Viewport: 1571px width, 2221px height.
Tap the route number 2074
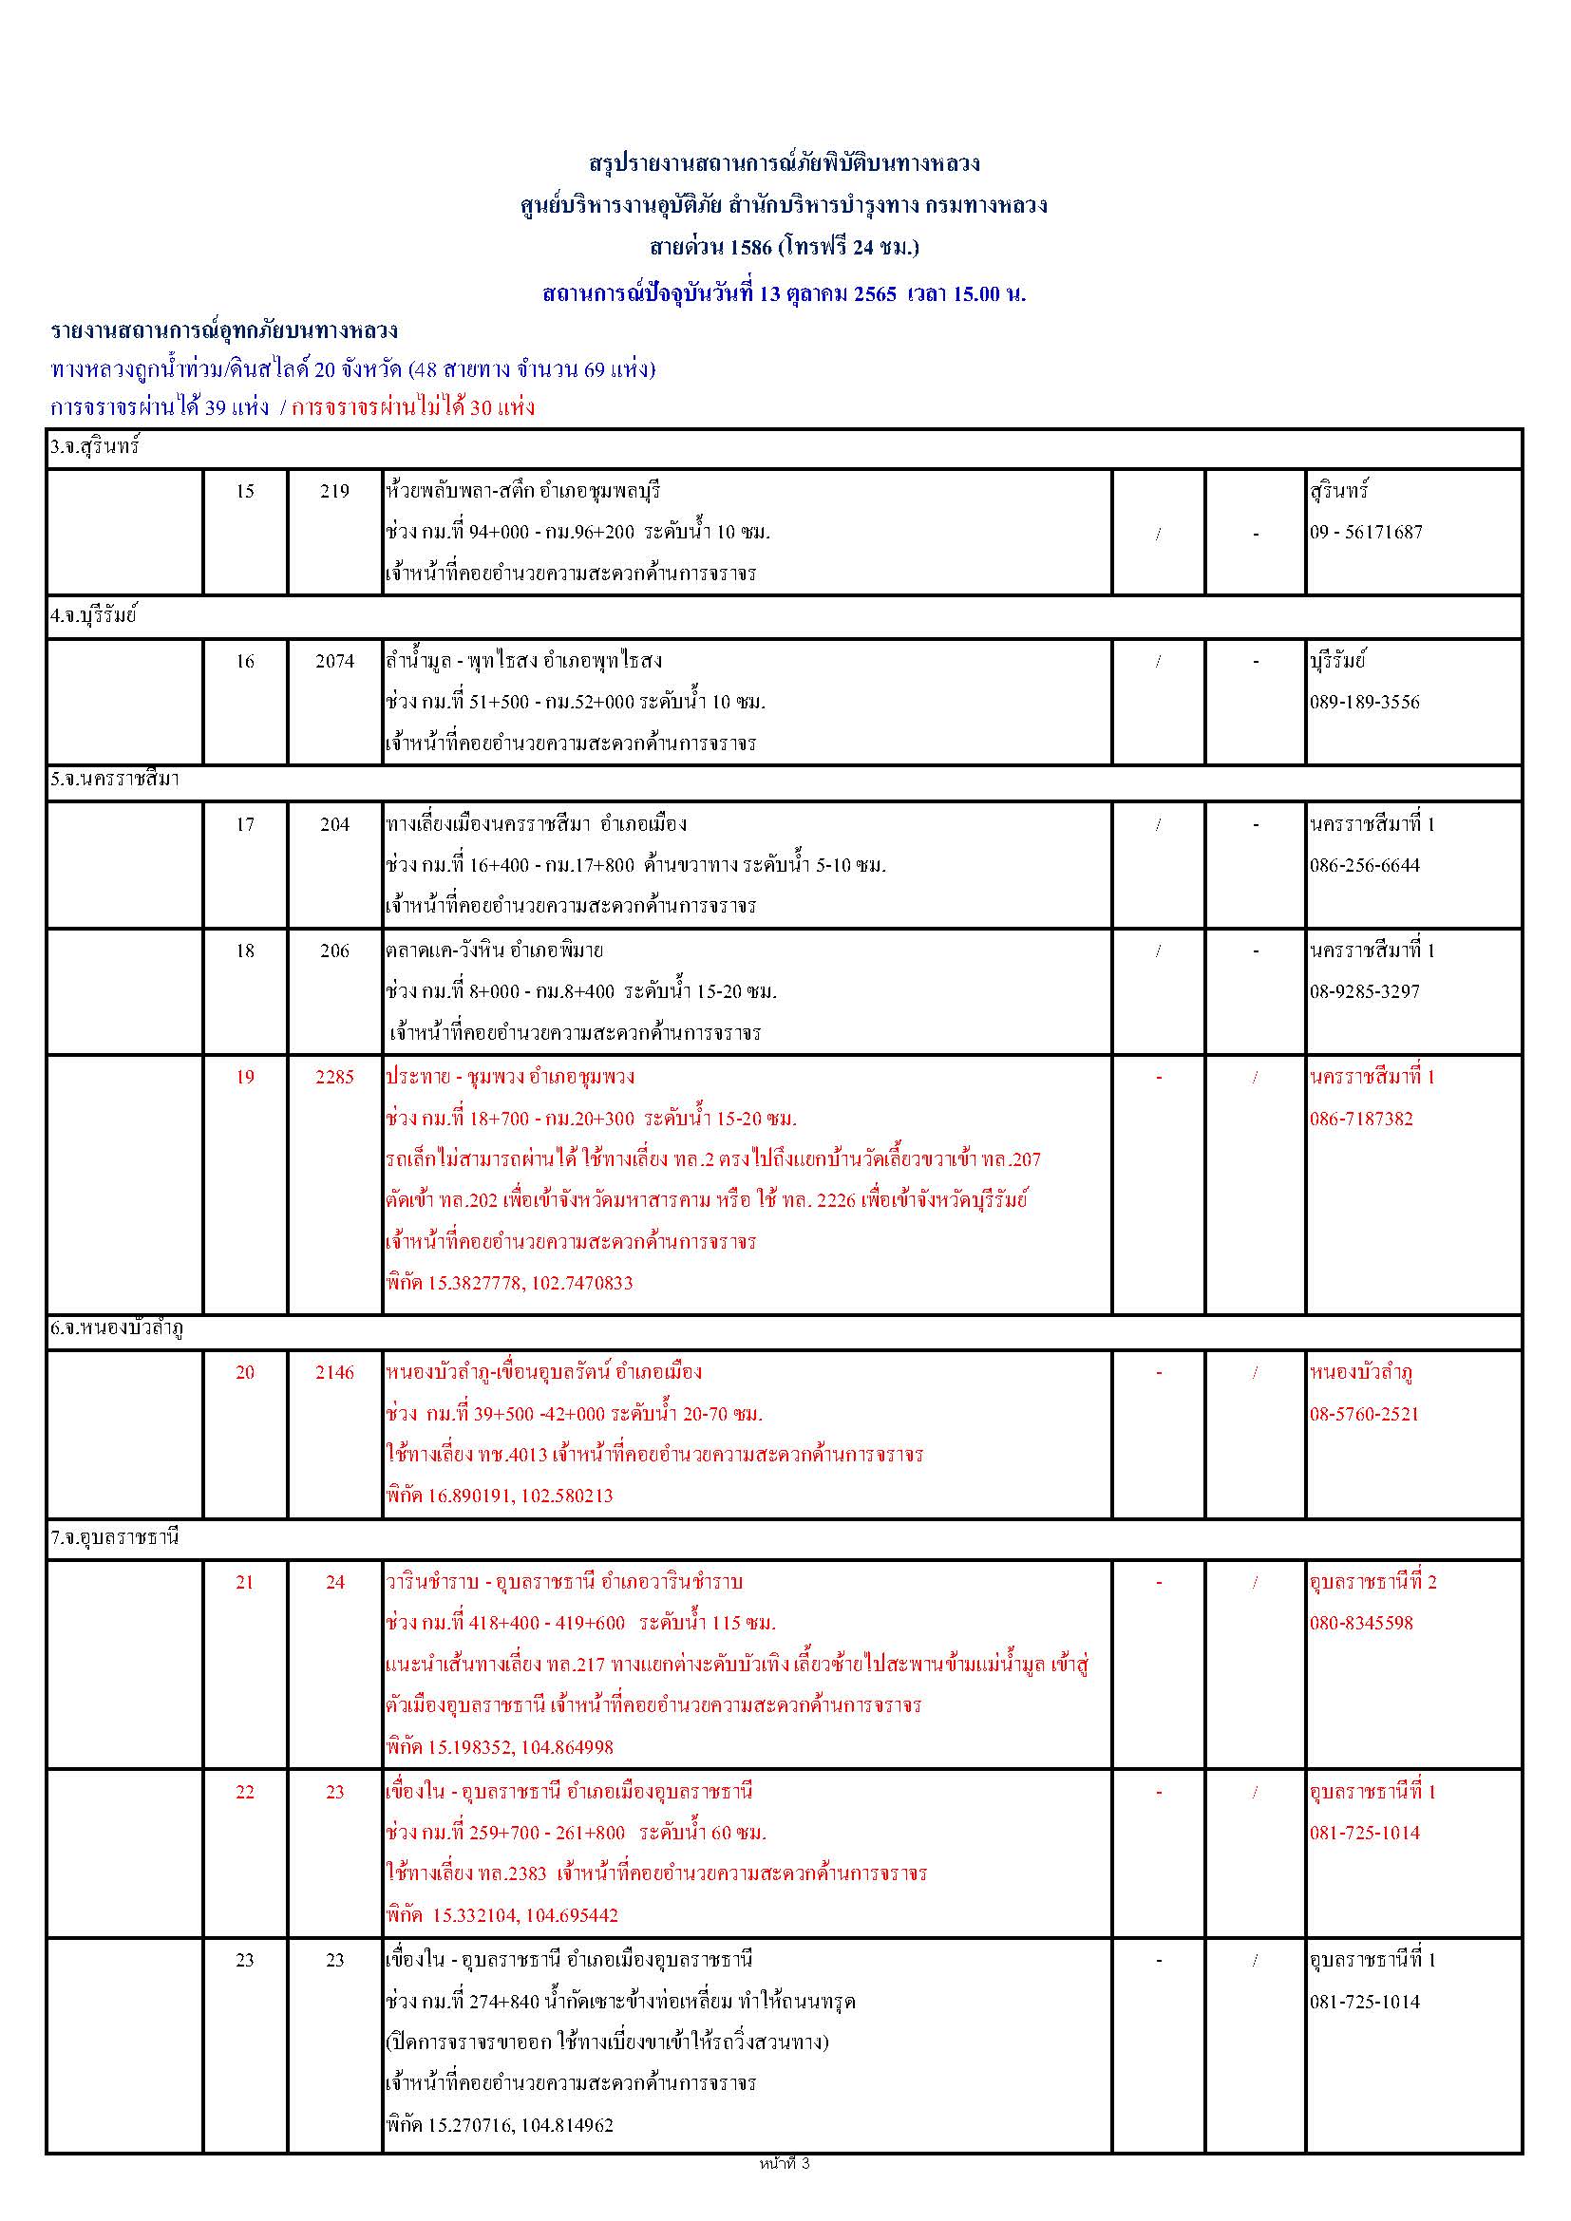pos(334,662)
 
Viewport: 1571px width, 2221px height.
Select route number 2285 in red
pos(334,1078)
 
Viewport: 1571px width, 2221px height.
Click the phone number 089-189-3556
pos(1365,703)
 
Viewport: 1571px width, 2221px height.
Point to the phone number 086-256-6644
pos(1365,866)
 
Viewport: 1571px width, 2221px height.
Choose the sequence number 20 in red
pos(246,1373)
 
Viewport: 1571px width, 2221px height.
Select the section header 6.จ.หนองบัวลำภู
pos(117,1329)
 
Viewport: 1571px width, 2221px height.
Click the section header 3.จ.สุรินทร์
pos(96,448)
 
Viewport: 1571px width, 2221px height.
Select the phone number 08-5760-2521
pos(1364,1414)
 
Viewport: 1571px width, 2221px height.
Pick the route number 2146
pos(334,1373)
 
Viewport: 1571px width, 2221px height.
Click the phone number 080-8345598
pos(1361,1623)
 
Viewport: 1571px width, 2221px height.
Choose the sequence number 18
pos(246,951)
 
